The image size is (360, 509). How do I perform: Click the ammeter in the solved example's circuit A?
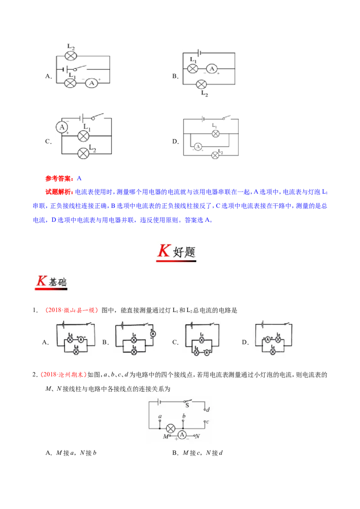click(91, 83)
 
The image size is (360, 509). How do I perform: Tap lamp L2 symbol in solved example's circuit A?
click(71, 56)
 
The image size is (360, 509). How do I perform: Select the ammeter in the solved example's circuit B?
click(212, 68)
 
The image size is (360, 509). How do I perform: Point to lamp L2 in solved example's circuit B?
click(202, 85)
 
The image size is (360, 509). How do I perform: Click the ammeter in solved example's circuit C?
click(62, 127)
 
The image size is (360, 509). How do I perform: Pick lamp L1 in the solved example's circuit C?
click(83, 136)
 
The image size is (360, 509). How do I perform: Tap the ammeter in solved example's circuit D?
click(198, 147)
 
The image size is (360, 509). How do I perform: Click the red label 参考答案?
click(59, 178)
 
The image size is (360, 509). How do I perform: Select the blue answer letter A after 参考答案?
click(79, 178)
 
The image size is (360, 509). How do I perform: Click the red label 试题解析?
click(59, 192)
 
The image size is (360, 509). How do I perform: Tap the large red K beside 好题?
click(164, 250)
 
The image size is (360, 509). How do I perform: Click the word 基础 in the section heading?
click(58, 282)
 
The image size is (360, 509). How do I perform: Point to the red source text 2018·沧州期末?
click(63, 375)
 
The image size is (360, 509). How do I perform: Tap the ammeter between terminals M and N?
click(182, 435)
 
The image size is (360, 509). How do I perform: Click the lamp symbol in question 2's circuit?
click(171, 429)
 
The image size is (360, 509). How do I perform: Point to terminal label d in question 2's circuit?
click(208, 409)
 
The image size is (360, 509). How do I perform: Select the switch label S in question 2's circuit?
click(187, 405)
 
